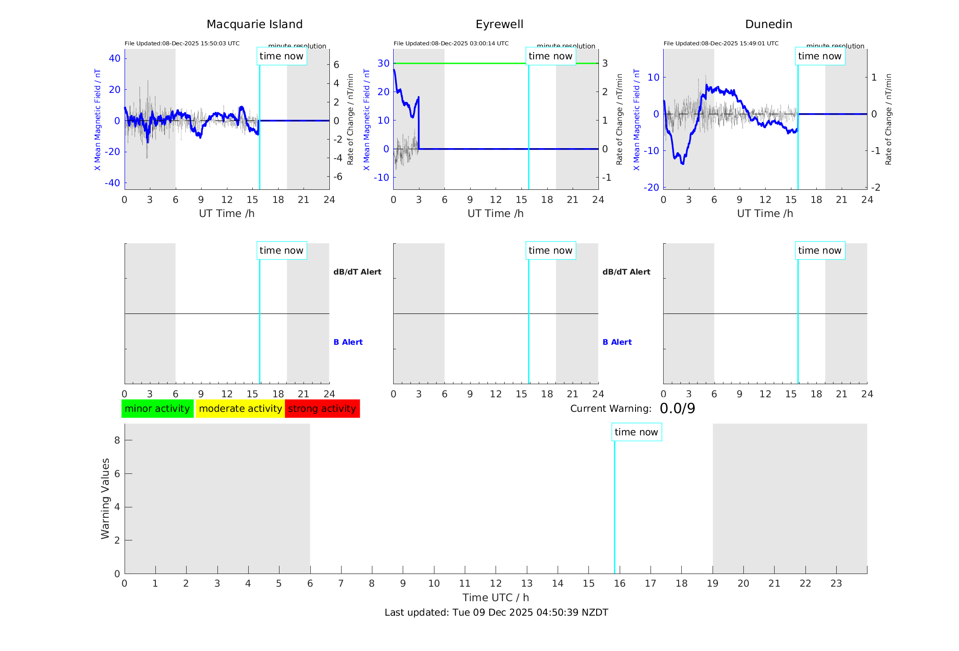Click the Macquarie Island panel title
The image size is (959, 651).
coord(254,24)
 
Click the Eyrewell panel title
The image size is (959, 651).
coord(499,24)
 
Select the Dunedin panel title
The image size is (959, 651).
coord(768,24)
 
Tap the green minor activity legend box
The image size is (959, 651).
coord(157,409)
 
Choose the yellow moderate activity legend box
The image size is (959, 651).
coord(240,409)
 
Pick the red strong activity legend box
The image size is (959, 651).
coord(322,409)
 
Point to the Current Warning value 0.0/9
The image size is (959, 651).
coord(677,409)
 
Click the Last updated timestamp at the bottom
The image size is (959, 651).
coord(496,612)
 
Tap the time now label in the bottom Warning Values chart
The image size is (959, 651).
coord(636,432)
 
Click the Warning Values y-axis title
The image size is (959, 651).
coord(105,498)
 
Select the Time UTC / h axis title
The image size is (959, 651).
coord(496,598)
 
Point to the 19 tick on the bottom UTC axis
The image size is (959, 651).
coord(713,583)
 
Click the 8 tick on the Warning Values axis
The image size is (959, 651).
coord(117,440)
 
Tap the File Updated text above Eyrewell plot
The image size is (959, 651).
coord(451,43)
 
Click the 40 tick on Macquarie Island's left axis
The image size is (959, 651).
coord(115,58)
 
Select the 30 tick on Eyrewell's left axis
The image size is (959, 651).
coord(383,63)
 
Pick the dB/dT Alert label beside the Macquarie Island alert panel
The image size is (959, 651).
coord(357,272)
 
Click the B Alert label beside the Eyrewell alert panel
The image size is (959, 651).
coord(617,342)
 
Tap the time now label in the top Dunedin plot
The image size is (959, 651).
coord(819,56)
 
